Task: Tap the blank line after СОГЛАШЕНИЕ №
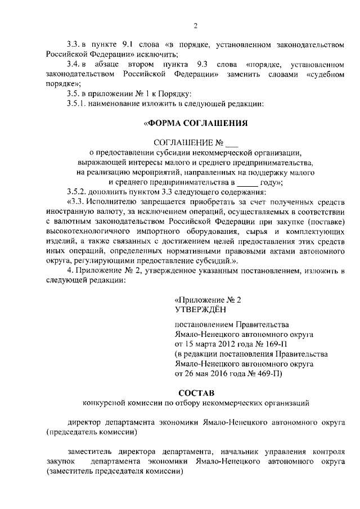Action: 231,142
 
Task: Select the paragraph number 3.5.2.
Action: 76,192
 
